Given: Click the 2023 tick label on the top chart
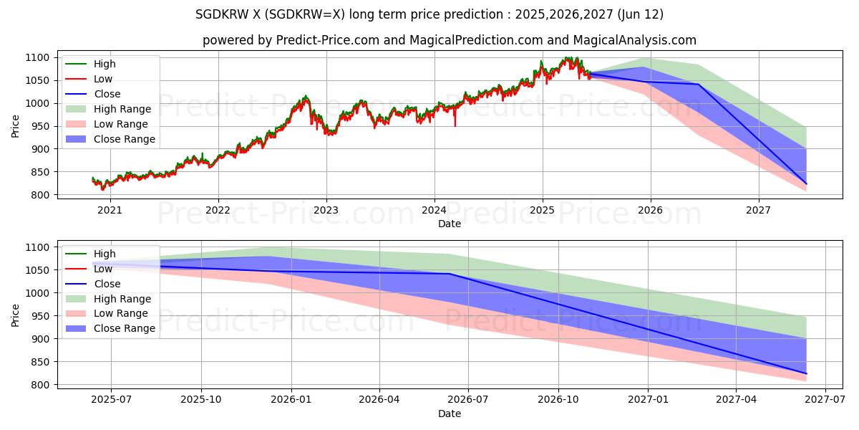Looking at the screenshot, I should pyautogui.click(x=326, y=210).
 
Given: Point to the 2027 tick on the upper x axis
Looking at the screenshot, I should pyautogui.click(x=758, y=210).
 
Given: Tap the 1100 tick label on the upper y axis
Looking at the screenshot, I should pyautogui.click(x=37, y=57).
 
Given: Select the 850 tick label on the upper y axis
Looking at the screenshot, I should pyautogui.click(x=39, y=172).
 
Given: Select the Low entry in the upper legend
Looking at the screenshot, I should pyautogui.click(x=103, y=79).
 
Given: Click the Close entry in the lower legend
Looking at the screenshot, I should pyautogui.click(x=107, y=284).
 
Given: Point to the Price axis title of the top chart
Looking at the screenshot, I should pyautogui.click(x=16, y=126).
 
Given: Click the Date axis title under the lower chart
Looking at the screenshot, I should pyautogui.click(x=449, y=414).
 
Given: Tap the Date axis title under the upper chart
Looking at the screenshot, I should pyautogui.click(x=449, y=224).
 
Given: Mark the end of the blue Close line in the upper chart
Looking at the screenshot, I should pyautogui.click(x=806, y=184).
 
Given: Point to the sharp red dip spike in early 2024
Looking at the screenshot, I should pyautogui.click(x=455, y=125).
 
